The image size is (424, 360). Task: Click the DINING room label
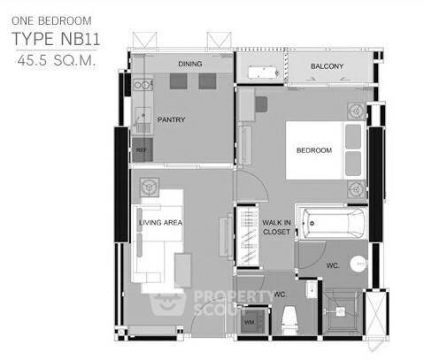point(190,64)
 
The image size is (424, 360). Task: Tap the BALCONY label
point(327,67)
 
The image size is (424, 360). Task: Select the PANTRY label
point(171,120)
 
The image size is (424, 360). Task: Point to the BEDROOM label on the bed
point(314,151)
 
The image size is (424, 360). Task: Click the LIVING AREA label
point(160,223)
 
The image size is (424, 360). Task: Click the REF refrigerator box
point(142,150)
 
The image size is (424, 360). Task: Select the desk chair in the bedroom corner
point(262,103)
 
